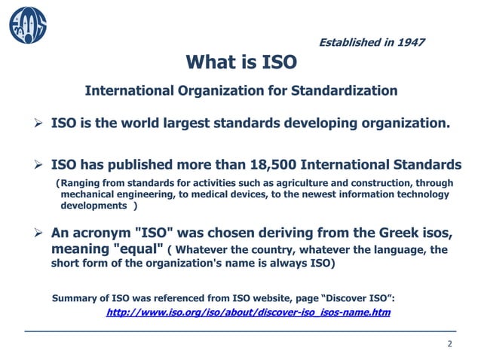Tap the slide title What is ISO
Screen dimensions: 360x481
[240, 61]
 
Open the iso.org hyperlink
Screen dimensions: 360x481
[249, 313]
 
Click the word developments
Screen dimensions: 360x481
[93, 206]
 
